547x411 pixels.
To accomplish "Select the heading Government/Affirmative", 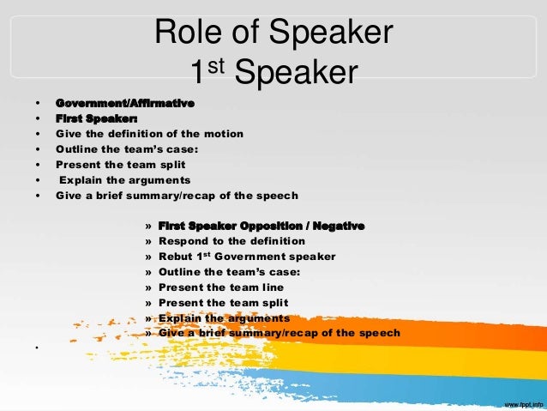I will point(125,103).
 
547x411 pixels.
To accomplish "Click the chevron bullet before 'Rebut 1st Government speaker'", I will point(149,257).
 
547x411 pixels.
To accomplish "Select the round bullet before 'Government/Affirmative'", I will point(39,103).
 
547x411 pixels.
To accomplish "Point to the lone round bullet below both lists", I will point(39,348).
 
